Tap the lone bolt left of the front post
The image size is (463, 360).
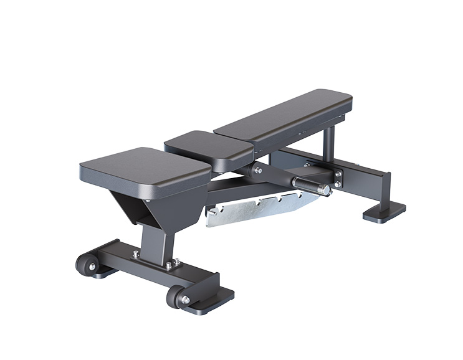tap(135, 254)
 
